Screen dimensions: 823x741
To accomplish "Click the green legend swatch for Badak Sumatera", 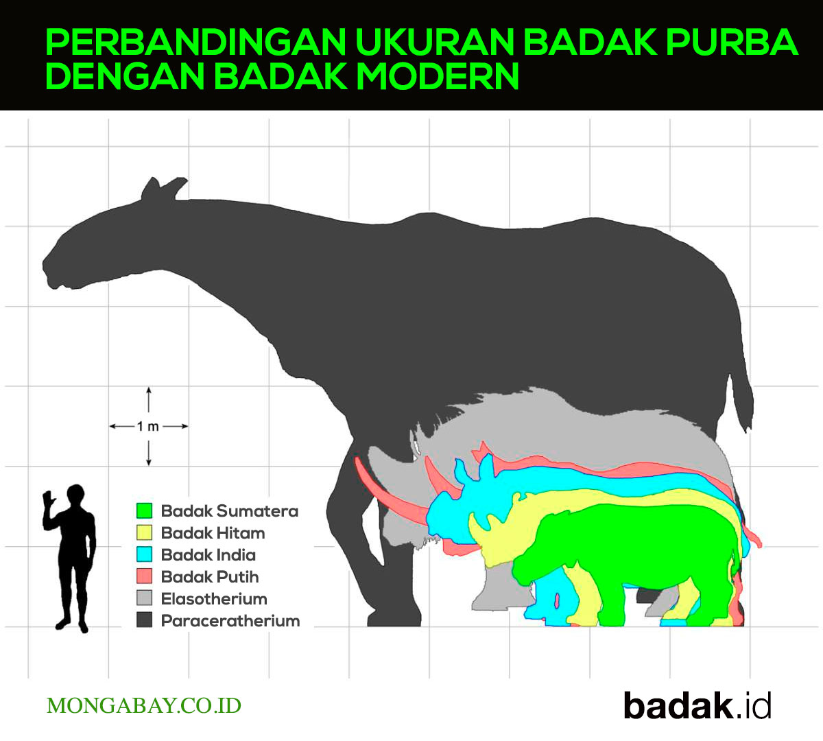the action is point(144,510).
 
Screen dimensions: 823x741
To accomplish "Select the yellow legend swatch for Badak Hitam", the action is point(144,533).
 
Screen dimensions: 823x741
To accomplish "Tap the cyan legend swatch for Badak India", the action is point(144,554).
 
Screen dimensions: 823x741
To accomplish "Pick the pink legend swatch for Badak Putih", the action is point(144,576).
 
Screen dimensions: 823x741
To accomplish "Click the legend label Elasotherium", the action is point(214,599).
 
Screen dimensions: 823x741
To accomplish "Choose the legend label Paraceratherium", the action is point(230,621).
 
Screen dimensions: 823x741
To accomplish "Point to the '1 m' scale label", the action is point(147,427).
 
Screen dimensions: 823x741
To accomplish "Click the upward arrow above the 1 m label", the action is point(149,399).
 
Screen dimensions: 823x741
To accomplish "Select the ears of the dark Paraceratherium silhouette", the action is point(163,189).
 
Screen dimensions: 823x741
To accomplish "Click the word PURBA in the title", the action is point(732,41).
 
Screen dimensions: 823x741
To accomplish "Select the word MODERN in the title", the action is point(438,76).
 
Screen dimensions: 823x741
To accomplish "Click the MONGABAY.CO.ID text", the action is point(143,706).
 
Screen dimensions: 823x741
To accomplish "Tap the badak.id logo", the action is point(697,706).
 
